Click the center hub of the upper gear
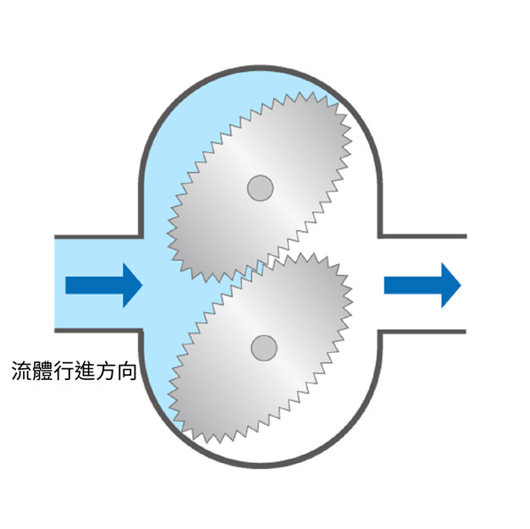point(259,187)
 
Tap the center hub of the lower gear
point(264,347)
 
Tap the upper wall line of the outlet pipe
point(423,235)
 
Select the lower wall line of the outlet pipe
point(423,331)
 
